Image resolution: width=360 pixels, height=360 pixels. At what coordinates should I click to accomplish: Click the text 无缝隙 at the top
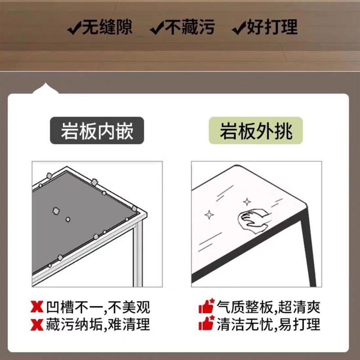coord(107,28)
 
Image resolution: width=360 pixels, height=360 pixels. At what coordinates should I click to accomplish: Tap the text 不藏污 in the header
coord(189,28)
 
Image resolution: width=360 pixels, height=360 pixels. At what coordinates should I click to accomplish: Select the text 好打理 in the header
coord(272,28)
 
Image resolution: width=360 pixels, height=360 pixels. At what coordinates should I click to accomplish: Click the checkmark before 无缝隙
coord(74,29)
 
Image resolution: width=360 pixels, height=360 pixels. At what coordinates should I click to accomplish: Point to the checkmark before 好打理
coord(238,29)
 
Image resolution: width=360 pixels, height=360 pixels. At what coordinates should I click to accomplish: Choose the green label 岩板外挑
coord(256,131)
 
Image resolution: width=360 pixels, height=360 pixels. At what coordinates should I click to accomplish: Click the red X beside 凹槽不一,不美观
coord(37,308)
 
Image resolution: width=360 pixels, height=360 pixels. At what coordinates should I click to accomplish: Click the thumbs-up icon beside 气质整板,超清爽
coord(206,307)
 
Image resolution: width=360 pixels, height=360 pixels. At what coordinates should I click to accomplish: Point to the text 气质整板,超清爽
coord(268,308)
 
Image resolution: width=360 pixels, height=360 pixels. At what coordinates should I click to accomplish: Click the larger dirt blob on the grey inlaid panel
coord(56,210)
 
